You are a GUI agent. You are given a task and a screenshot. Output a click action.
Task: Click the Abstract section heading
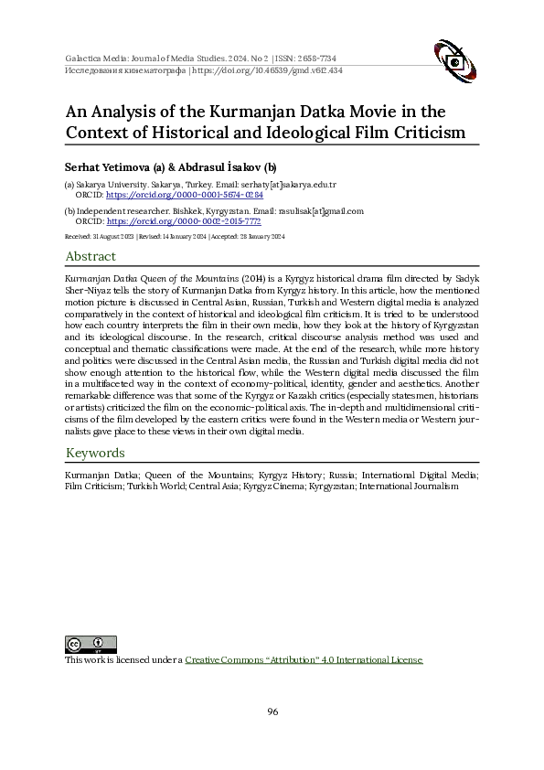pyautogui.click(x=91, y=257)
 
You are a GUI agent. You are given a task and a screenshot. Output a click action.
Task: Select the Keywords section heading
pyautogui.click(x=95, y=453)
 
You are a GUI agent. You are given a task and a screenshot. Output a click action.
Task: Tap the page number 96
pyautogui.click(x=272, y=711)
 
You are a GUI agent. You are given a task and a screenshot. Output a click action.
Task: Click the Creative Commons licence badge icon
pyautogui.click(x=91, y=644)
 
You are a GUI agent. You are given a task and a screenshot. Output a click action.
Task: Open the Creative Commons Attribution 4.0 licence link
pyautogui.click(x=304, y=659)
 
